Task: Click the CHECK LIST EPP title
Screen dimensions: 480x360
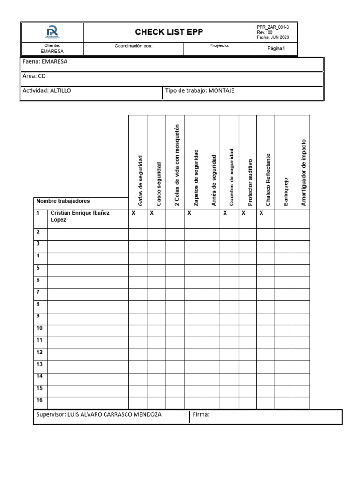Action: [169, 32]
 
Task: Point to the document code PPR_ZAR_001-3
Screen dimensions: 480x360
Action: [276, 27]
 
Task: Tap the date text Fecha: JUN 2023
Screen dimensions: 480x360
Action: [274, 37]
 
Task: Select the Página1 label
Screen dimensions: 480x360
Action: [276, 49]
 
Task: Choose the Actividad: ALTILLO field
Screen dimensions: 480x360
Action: [47, 91]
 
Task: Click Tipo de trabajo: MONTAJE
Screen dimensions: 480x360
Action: [200, 91]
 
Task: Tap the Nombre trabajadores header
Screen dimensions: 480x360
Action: [63, 201]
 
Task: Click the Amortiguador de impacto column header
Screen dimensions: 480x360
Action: [303, 172]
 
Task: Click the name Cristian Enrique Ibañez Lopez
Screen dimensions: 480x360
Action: [80, 216]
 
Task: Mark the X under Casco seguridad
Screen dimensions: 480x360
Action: [151, 213]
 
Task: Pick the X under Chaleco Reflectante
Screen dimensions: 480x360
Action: [261, 213]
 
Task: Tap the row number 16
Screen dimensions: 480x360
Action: [39, 400]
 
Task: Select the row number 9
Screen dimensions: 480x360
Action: [38, 316]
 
